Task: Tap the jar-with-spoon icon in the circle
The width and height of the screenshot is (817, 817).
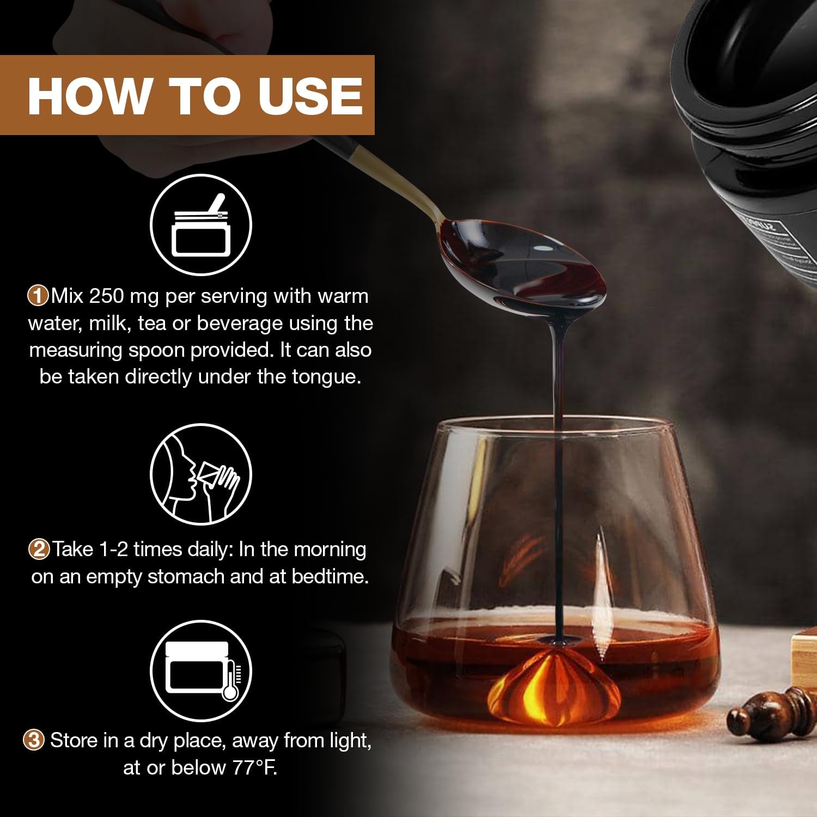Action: [x=201, y=225]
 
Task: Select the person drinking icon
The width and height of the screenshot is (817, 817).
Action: [x=201, y=474]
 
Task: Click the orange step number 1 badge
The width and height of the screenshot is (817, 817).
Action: [x=38, y=296]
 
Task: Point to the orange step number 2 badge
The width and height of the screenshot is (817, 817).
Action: [x=39, y=549]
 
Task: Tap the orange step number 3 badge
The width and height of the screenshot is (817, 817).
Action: [x=34, y=740]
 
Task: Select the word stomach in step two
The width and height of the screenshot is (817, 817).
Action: [x=186, y=576]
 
